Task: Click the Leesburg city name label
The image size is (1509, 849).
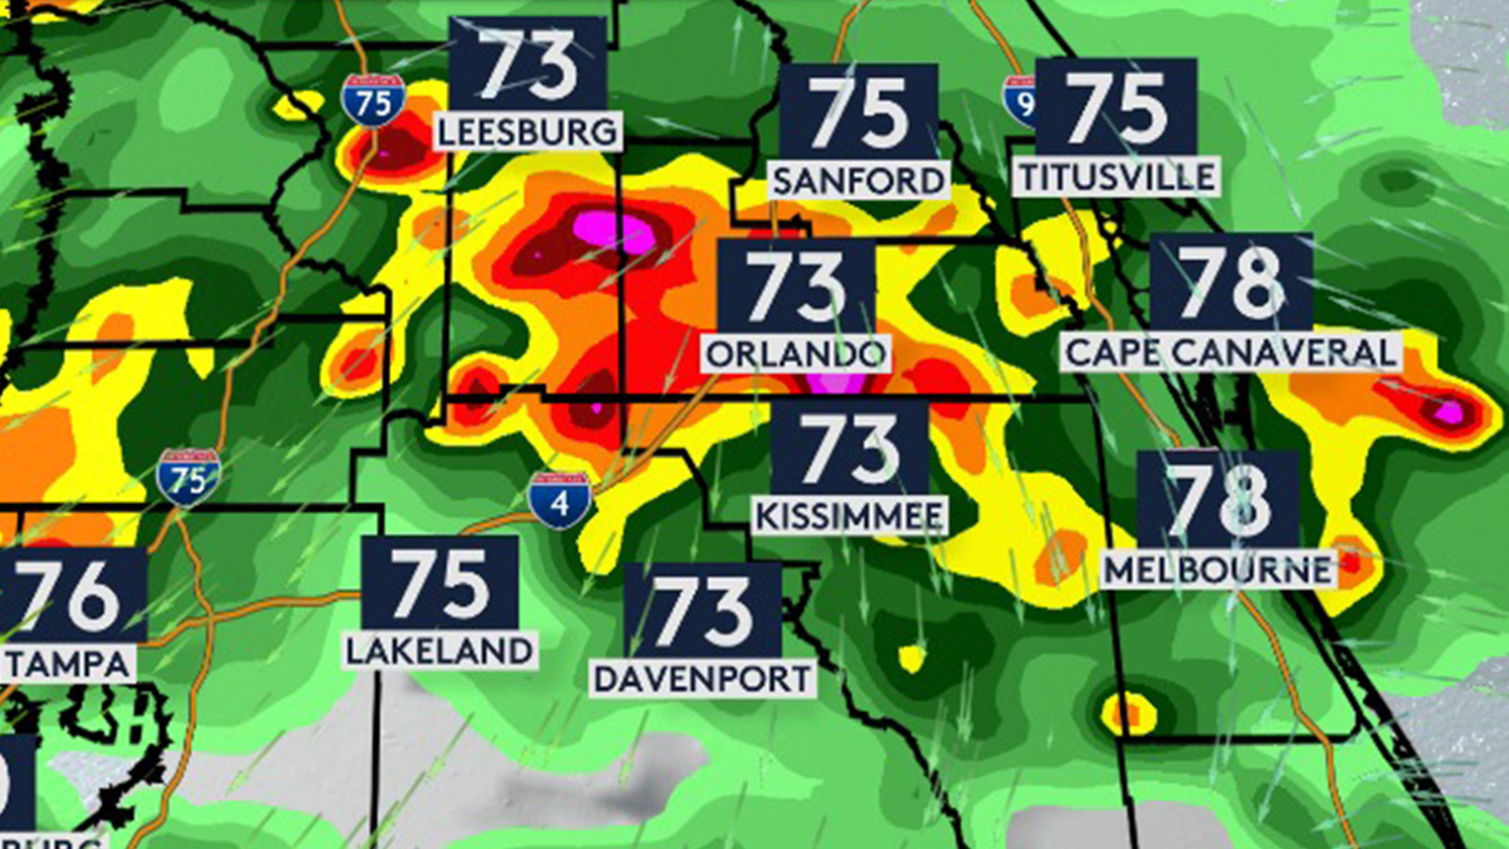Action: pyautogui.click(x=527, y=131)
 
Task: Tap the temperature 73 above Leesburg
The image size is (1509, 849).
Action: pyautogui.click(x=527, y=64)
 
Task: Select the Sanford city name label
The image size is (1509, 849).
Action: pyautogui.click(x=858, y=181)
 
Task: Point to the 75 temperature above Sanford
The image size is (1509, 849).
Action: pyautogui.click(x=858, y=112)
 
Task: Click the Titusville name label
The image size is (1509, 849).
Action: pyautogui.click(x=1117, y=177)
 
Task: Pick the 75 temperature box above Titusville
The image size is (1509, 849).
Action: pyautogui.click(x=1117, y=107)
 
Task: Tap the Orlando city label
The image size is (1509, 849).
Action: pyautogui.click(x=795, y=355)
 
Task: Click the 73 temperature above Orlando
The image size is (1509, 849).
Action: pyautogui.click(x=795, y=286)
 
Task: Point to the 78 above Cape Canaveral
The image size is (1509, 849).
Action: pyautogui.click(x=1231, y=281)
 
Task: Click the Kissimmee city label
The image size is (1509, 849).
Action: pyautogui.click(x=849, y=516)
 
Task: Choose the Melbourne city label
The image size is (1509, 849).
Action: pyautogui.click(x=1217, y=569)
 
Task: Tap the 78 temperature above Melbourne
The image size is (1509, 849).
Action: pyautogui.click(x=1217, y=500)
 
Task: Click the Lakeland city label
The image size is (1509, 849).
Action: pyautogui.click(x=439, y=651)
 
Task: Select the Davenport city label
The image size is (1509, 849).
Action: pyautogui.click(x=702, y=678)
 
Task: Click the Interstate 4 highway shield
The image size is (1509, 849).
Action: pyautogui.click(x=560, y=500)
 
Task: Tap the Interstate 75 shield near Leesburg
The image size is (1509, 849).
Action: pyautogui.click(x=373, y=101)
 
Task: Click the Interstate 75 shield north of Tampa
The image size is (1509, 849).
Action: pyautogui.click(x=189, y=476)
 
